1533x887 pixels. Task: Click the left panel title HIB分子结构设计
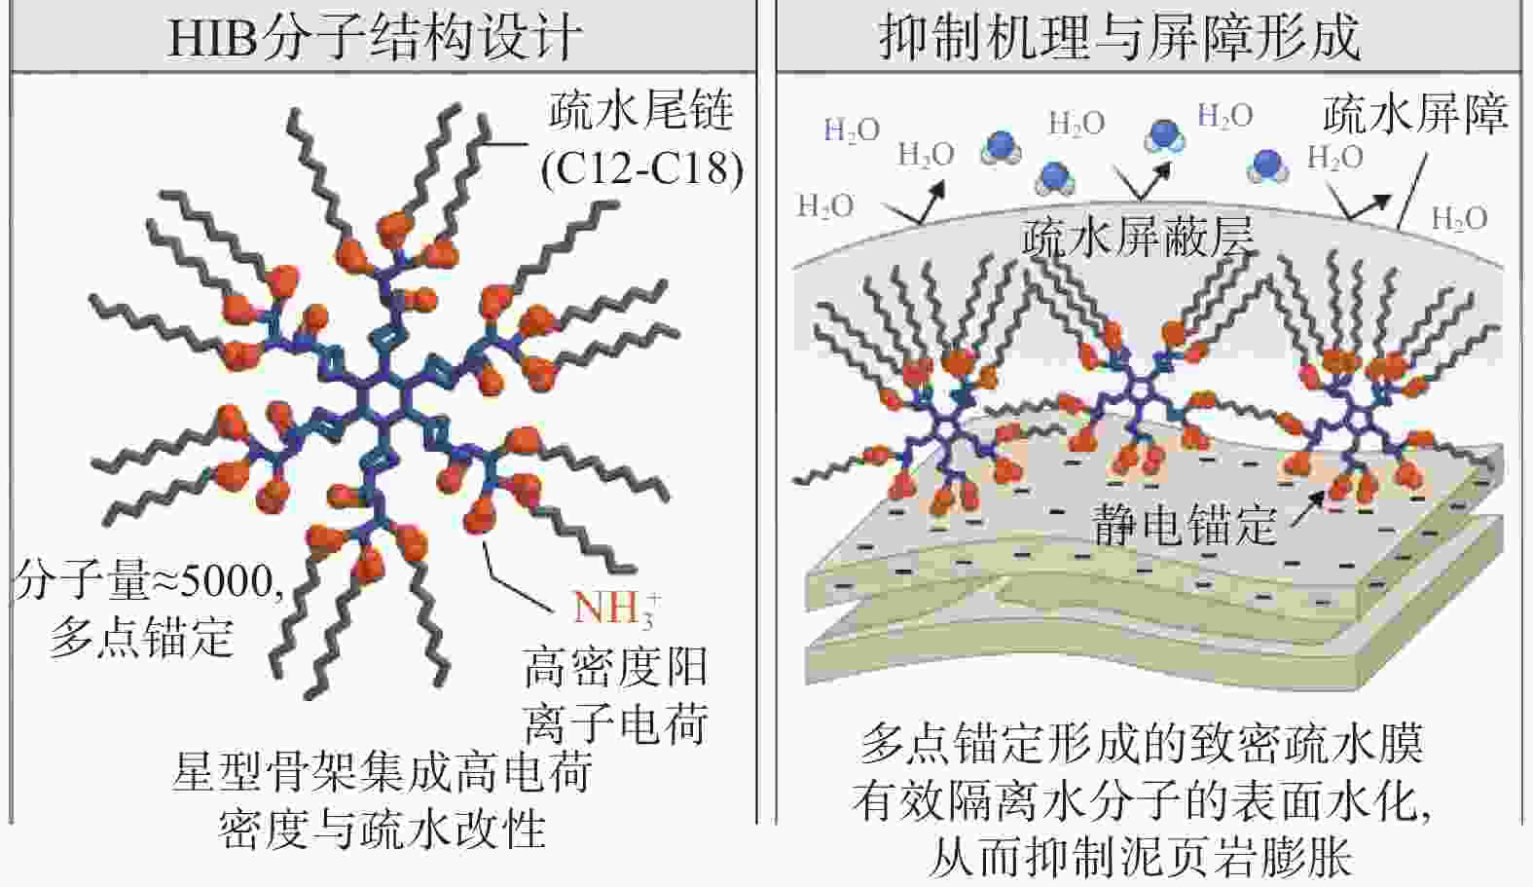pyautogui.click(x=375, y=36)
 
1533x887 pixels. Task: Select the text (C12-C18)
pyautogui.click(x=641, y=167)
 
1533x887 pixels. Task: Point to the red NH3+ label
pyautogui.click(x=617, y=608)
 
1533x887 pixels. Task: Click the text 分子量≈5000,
pyautogui.click(x=149, y=581)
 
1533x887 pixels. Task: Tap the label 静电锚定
pyautogui.click(x=1185, y=526)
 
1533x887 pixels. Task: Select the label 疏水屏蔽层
pyautogui.click(x=1138, y=238)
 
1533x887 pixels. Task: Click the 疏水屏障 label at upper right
pyautogui.click(x=1415, y=113)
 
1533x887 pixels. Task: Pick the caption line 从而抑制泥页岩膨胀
pyautogui.click(x=1140, y=857)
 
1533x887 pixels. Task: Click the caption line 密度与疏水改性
pyautogui.click(x=382, y=830)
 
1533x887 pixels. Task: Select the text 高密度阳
pyautogui.click(x=615, y=667)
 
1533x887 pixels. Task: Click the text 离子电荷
pyautogui.click(x=615, y=723)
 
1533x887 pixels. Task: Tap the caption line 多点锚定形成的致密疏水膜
pyautogui.click(x=1142, y=745)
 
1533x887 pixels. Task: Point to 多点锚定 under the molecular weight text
pyautogui.click(x=141, y=637)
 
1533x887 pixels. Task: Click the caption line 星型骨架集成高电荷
pyautogui.click(x=382, y=773)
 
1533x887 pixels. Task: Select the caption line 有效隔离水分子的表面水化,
pyautogui.click(x=1142, y=800)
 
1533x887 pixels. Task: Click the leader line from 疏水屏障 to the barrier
pyautogui.click(x=1412, y=191)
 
